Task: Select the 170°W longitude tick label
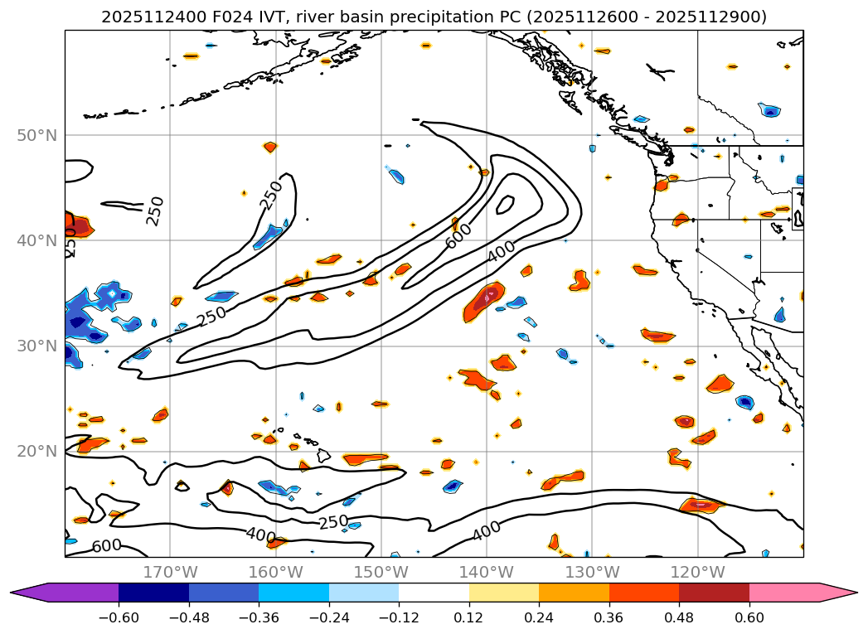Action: (x=170, y=572)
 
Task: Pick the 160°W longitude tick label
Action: (x=275, y=572)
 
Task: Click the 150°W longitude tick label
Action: (x=381, y=572)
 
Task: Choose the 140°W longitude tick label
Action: (x=487, y=572)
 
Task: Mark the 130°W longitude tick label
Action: (x=592, y=572)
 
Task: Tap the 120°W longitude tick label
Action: (x=697, y=572)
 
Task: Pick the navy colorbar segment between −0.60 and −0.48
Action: (x=153, y=593)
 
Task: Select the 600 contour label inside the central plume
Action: (x=458, y=235)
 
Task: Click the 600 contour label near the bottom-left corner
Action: (x=106, y=546)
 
